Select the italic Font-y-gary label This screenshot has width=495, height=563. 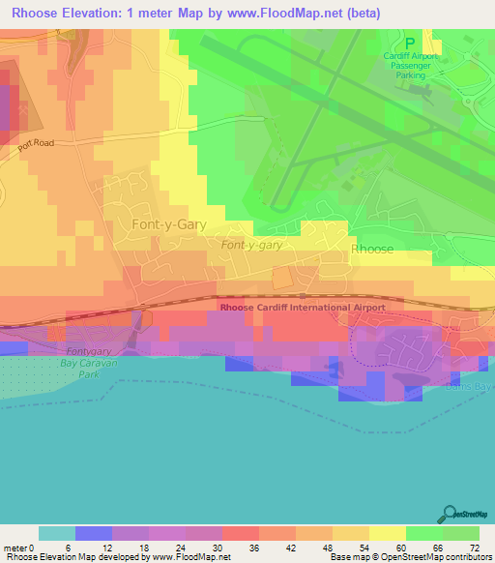[251, 246]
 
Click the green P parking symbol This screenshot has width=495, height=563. [410, 43]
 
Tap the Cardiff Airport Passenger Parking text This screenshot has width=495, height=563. [410, 65]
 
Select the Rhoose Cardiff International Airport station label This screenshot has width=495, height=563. [303, 308]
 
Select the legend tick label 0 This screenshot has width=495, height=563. [40, 547]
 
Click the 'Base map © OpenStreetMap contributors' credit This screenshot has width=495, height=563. [409, 557]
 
